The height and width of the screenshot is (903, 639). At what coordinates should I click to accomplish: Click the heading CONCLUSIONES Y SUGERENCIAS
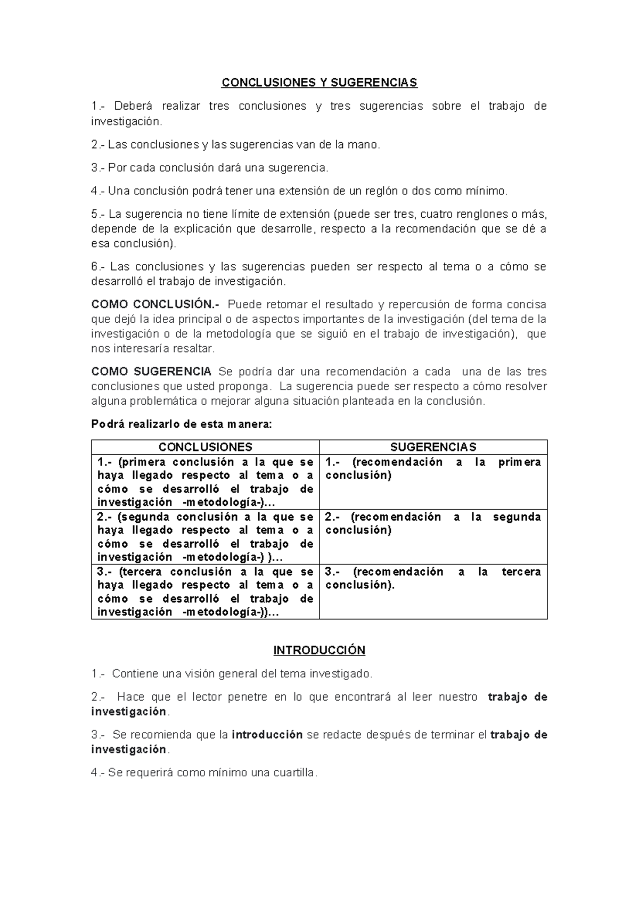pos(319,83)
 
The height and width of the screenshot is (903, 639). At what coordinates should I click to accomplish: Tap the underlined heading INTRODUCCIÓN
pos(319,650)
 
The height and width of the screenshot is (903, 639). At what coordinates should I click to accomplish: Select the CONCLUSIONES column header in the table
pos(206,447)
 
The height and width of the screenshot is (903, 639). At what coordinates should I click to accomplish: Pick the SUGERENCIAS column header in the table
pos(433,447)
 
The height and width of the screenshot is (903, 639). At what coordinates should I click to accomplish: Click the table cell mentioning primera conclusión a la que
pos(206,482)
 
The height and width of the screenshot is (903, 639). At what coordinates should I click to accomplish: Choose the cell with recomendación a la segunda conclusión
pos(433,523)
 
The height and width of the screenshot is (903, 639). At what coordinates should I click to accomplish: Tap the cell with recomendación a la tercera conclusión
pos(433,578)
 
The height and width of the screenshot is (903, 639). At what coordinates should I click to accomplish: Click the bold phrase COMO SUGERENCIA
pos(151,372)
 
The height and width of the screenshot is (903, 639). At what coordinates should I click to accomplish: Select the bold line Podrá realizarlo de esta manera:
pos(182,424)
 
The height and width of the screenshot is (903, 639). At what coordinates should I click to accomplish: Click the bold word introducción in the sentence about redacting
pos(267,735)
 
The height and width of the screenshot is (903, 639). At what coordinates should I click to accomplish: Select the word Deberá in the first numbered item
pos(129,106)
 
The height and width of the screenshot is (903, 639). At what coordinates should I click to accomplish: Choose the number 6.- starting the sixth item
pos(99,267)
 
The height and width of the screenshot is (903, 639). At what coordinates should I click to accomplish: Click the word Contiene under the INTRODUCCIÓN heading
pos(135,674)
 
